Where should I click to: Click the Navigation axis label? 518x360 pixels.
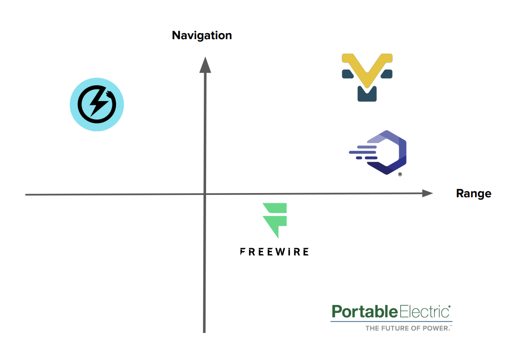(x=202, y=35)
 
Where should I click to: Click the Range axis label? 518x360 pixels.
(x=473, y=194)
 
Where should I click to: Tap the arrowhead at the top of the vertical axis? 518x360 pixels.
(x=205, y=65)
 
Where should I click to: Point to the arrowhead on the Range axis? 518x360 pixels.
(x=428, y=193)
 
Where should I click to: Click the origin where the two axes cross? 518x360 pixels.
(x=205, y=194)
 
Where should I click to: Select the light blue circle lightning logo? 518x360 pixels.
(x=97, y=104)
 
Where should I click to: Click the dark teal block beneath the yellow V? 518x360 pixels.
(x=367, y=94)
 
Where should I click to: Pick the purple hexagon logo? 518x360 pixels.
(x=387, y=152)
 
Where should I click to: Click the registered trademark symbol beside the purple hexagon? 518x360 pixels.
(x=400, y=174)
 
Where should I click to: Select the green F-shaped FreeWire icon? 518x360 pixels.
(x=275, y=220)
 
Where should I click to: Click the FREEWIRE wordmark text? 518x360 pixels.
(x=274, y=252)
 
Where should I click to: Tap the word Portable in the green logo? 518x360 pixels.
(x=365, y=312)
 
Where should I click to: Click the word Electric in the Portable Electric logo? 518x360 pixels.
(x=424, y=312)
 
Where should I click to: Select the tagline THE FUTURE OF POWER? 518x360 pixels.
(x=408, y=328)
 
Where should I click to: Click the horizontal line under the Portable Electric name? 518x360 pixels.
(x=392, y=321)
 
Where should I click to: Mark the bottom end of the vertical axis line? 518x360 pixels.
(x=204, y=332)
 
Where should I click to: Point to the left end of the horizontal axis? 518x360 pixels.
(x=26, y=195)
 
